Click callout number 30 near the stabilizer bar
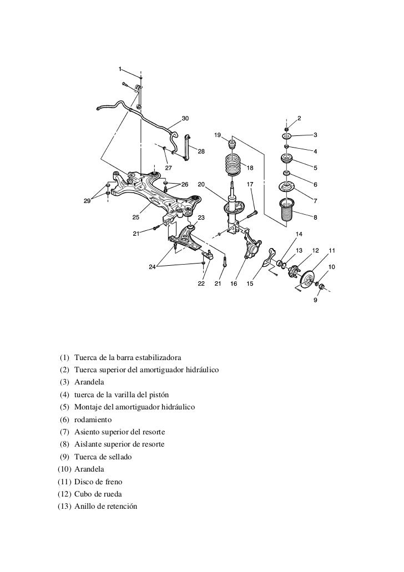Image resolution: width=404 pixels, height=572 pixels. pyautogui.click(x=185, y=118)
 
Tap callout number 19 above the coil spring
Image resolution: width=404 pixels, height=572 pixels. pyautogui.click(x=218, y=135)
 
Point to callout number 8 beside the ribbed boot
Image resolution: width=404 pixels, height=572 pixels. pyautogui.click(x=316, y=217)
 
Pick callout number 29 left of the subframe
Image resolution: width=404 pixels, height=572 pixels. pyautogui.click(x=87, y=201)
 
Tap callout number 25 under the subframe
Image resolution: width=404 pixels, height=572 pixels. pyautogui.click(x=135, y=217)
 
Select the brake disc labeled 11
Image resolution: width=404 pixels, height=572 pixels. pyautogui.click(x=307, y=277)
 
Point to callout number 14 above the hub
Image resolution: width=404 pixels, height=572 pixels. pyautogui.click(x=299, y=233)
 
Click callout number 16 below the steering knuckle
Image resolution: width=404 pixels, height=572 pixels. pyautogui.click(x=234, y=284)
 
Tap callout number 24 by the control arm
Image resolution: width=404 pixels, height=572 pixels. pyautogui.click(x=152, y=267)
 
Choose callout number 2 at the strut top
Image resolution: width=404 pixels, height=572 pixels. pyautogui.click(x=300, y=118)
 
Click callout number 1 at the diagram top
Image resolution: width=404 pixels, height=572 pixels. pyautogui.click(x=120, y=69)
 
